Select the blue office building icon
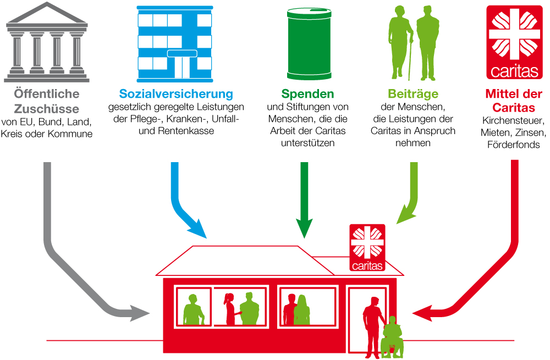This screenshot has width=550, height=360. click(x=174, y=44)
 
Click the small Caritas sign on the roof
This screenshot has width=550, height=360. click(x=367, y=248)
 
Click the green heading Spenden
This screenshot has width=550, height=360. click(x=307, y=94)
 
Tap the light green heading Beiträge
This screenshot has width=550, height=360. click(x=413, y=94)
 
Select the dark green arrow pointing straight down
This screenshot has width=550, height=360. click(x=304, y=198)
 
